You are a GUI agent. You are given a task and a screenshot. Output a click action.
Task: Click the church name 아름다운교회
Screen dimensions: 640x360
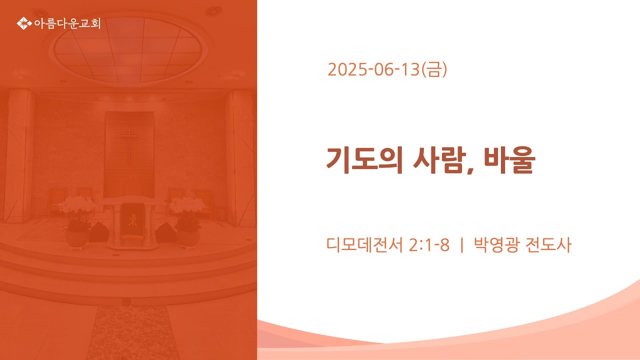tap(67, 23)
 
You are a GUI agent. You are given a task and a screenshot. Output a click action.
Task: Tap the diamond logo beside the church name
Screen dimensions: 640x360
tap(24, 23)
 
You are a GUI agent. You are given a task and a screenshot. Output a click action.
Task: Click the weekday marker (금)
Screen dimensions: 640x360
tap(434, 69)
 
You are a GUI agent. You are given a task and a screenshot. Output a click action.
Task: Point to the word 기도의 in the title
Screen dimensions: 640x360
tap(365, 160)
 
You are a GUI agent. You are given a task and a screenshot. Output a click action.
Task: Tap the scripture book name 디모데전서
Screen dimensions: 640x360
tap(364, 245)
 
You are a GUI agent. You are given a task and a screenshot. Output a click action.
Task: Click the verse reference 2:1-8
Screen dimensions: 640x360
tap(429, 245)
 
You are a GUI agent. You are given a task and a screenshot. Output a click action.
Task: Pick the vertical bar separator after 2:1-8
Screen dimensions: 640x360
tap(461, 245)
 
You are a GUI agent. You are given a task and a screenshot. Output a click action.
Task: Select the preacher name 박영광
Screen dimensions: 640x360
tap(496, 245)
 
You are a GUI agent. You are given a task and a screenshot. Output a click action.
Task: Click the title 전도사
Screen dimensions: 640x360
tap(548, 245)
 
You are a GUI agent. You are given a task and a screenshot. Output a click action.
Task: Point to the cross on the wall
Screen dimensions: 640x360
tap(129, 144)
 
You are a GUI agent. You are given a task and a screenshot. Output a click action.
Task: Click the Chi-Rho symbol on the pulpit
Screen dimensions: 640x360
tap(132, 220)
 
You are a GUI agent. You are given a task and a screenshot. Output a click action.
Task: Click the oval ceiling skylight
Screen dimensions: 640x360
tap(128, 49)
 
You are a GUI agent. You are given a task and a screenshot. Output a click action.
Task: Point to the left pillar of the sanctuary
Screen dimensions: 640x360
tap(19, 155)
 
